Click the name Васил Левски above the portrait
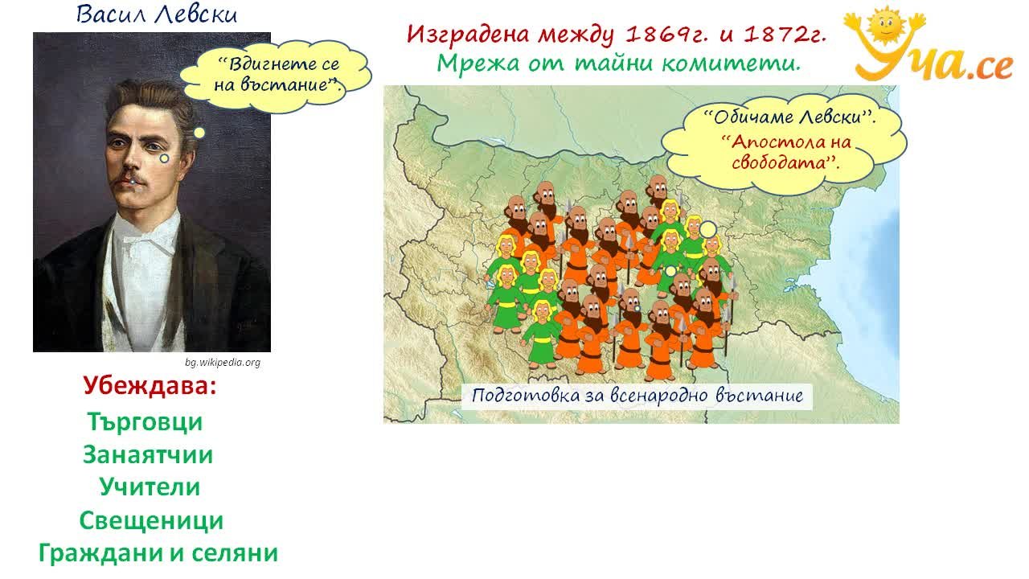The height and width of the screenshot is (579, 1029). [156, 14]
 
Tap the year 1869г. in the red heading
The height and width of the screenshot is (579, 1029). [666, 35]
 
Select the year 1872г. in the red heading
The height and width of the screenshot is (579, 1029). [785, 35]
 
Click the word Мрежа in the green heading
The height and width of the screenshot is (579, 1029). [478, 64]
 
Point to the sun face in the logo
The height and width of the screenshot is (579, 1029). [887, 24]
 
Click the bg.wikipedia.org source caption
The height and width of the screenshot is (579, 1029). [223, 363]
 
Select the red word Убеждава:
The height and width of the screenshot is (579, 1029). [150, 385]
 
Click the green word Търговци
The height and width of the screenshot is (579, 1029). [145, 422]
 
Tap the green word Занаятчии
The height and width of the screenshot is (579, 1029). [148, 455]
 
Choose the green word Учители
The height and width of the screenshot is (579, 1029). [150, 487]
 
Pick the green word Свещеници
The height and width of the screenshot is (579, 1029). [152, 521]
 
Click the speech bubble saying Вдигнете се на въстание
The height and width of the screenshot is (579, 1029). [276, 75]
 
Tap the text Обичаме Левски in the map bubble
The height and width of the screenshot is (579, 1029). [789, 117]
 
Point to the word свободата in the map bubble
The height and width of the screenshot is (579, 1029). [782, 162]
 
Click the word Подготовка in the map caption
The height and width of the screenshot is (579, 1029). [527, 396]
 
